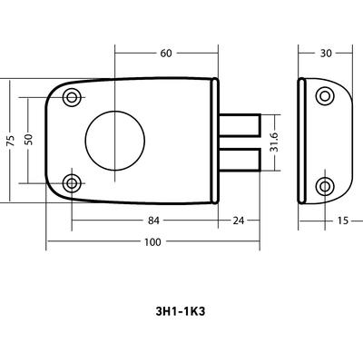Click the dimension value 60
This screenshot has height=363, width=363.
tap(166, 54)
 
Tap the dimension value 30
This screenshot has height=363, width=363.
tap(326, 54)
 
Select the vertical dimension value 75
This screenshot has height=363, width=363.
tap(11, 141)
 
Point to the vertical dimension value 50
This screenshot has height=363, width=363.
tap(28, 139)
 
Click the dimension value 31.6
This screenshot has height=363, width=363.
tap(275, 142)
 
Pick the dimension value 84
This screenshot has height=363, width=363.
tap(153, 221)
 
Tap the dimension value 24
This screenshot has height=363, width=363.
tap(238, 221)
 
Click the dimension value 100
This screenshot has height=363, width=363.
tap(152, 242)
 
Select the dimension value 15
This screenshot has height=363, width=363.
tap(343, 221)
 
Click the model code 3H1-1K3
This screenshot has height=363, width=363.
tap(181, 311)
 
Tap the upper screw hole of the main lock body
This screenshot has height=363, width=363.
tap(72, 97)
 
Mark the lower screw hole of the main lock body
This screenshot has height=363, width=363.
tap(72, 183)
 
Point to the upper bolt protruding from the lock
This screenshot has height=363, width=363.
tap(240, 124)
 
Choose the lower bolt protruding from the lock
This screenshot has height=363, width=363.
tap(240, 160)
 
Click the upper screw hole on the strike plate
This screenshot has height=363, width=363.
tap(325, 96)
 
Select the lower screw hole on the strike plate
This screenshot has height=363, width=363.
tap(325, 187)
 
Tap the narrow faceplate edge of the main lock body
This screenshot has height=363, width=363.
tap(214, 141)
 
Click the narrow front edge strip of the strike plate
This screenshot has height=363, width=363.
tap(301, 141)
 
